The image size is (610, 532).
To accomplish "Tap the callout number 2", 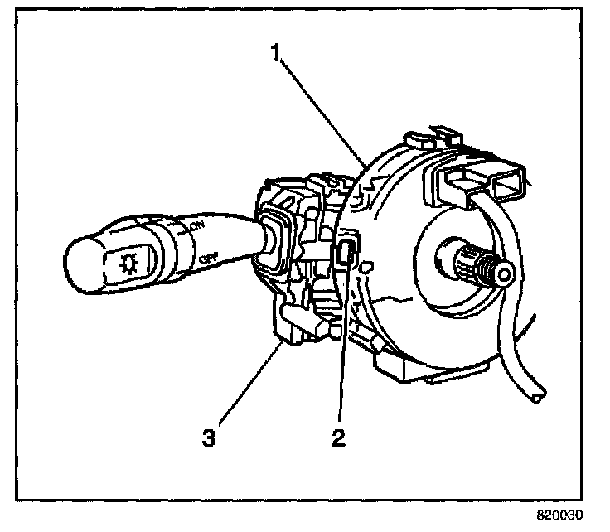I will [x=338, y=437].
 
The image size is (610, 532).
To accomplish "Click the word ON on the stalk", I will [x=197, y=226].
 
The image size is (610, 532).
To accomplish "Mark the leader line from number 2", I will [x=341, y=348].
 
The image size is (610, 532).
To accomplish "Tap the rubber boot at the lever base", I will [x=272, y=239].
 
